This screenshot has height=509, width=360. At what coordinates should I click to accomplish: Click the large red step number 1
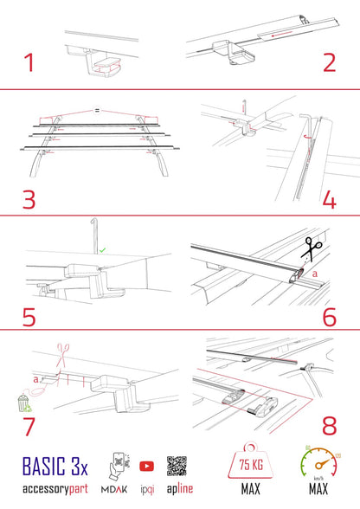click(30, 63)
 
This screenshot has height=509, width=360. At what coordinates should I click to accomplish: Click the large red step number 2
click(329, 63)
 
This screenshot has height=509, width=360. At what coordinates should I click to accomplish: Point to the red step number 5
click(30, 315)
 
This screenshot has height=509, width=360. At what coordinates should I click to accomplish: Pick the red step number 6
click(330, 315)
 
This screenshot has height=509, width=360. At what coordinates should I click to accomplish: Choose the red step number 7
click(29, 427)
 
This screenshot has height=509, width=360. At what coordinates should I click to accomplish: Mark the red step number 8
click(329, 427)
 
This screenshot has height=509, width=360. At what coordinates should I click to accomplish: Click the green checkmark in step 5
click(104, 249)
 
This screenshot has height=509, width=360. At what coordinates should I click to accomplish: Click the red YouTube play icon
click(146, 466)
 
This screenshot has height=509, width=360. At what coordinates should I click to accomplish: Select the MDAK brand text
click(116, 489)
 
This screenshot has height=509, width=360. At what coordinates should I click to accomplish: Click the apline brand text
click(178, 489)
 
